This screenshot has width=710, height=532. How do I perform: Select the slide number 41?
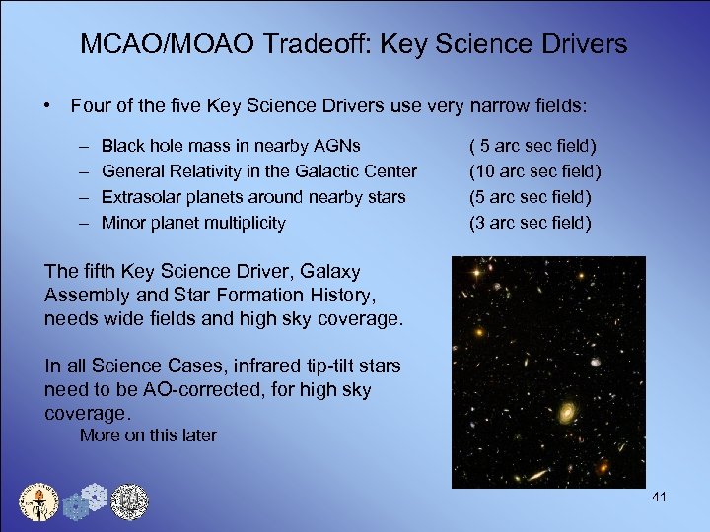click(660, 497)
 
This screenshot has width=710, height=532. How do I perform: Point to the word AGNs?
click(335, 146)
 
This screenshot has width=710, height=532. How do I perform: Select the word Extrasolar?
click(144, 197)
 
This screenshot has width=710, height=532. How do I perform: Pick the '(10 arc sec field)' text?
click(534, 171)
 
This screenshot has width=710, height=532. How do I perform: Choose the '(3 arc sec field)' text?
click(531, 223)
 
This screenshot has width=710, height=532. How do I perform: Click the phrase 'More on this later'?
click(148, 435)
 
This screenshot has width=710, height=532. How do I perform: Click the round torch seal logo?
click(40, 502)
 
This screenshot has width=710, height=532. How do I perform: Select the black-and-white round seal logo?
click(128, 502)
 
